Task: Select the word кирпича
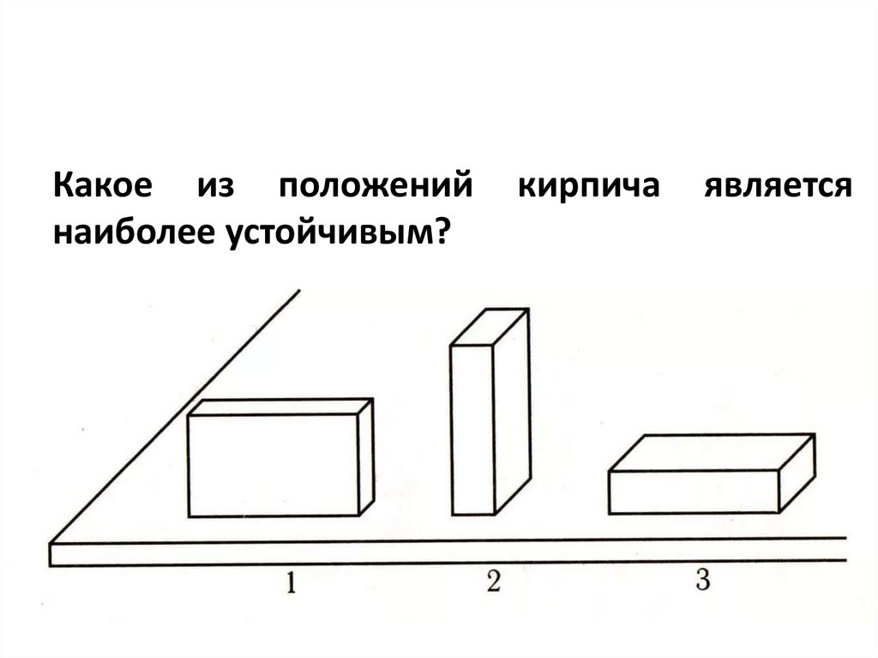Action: [588, 187]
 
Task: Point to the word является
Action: [778, 187]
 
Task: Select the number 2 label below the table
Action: [493, 582]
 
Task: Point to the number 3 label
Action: [703, 581]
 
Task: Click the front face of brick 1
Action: [273, 465]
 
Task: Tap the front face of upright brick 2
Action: [472, 429]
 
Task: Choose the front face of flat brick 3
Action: [695, 492]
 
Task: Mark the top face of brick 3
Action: [712, 453]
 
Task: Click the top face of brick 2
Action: [490, 326]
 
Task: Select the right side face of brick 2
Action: [512, 412]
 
